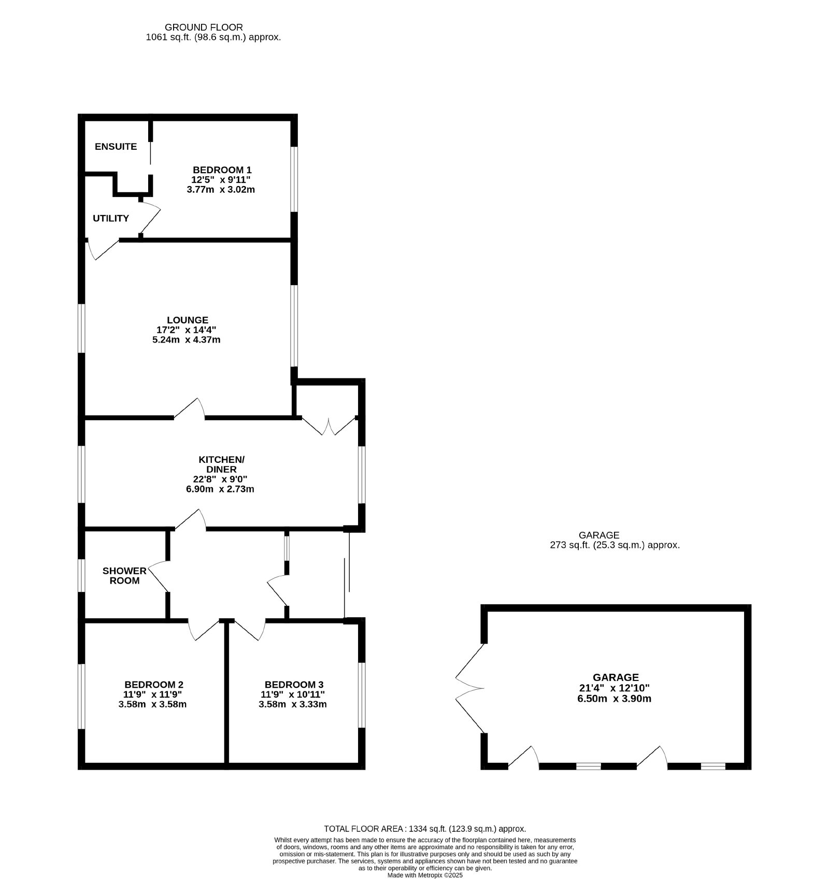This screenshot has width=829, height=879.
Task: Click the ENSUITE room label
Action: click(116, 147)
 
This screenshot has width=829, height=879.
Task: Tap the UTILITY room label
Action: click(111, 218)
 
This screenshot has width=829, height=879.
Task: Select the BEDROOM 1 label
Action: click(222, 169)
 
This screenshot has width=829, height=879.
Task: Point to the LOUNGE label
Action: click(188, 320)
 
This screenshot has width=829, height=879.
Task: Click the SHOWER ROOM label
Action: click(124, 576)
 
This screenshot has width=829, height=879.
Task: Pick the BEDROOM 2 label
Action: click(154, 685)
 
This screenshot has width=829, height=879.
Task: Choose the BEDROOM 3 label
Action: click(294, 685)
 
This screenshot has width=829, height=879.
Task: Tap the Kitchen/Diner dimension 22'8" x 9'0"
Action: click(220, 479)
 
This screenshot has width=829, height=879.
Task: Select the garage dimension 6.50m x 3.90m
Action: click(614, 699)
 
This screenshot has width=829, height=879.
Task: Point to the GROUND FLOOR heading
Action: click(204, 27)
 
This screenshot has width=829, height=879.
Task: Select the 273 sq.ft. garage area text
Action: click(614, 545)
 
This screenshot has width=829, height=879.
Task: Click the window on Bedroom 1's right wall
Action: click(294, 179)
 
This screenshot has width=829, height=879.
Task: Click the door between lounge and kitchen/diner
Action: click(190, 408)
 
